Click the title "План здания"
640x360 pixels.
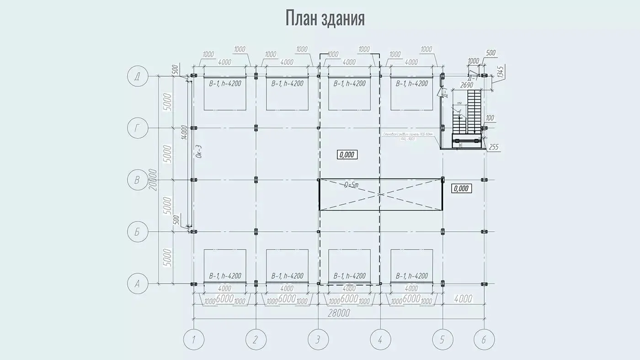click(325, 18)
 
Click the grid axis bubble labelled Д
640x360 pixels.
click(137, 76)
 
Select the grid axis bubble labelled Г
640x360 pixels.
click(137, 128)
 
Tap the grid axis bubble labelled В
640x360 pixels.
click(137, 180)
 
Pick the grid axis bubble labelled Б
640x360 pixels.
click(137, 232)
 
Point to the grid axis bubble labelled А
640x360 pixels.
click(137, 284)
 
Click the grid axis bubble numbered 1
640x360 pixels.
click(193, 339)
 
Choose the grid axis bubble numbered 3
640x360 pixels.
click(318, 339)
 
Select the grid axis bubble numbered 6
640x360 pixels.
click(484, 339)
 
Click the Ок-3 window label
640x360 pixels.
click(198, 151)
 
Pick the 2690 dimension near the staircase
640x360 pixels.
click(466, 85)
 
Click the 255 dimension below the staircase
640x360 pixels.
click(494, 147)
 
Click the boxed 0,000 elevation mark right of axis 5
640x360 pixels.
click(462, 188)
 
